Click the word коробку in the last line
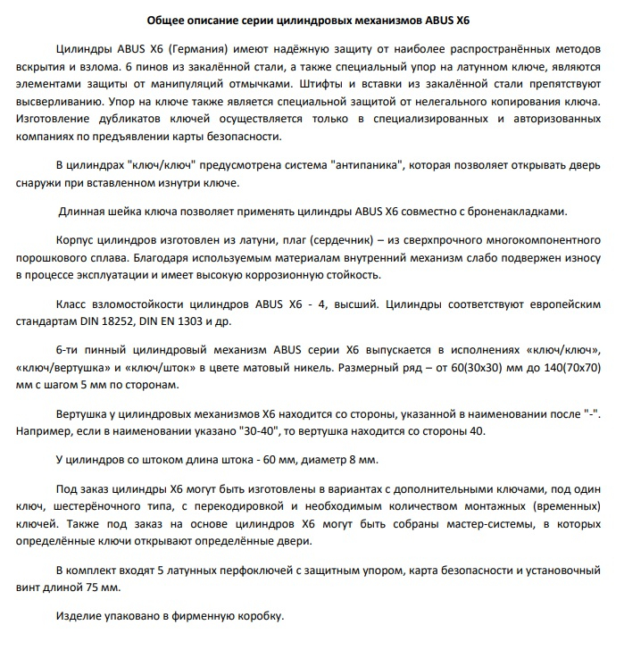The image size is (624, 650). click(x=258, y=616)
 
